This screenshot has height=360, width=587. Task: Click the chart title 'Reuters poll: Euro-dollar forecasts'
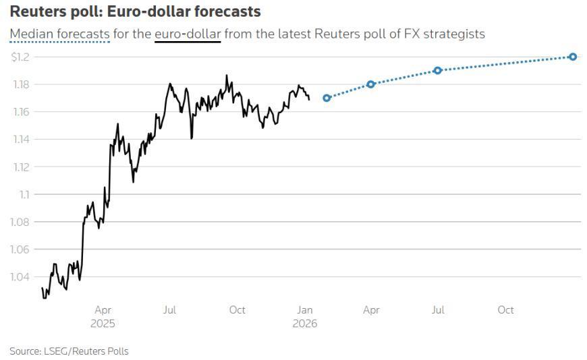(135, 12)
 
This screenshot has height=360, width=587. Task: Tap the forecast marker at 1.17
(327, 98)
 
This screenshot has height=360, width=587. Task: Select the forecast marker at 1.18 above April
(370, 84)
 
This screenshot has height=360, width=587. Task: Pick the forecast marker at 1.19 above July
(437, 70)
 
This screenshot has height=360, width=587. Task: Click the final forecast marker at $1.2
(573, 57)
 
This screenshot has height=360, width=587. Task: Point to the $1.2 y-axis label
(20, 57)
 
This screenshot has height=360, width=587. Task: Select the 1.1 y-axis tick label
(24, 194)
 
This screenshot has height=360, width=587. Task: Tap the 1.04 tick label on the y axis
(20, 276)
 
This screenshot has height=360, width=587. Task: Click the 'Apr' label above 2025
(103, 310)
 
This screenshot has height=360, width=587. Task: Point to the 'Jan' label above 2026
(305, 310)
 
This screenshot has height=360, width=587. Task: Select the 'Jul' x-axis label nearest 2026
(438, 310)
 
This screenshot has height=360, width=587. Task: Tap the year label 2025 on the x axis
(103, 324)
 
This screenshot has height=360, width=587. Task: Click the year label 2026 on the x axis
(305, 324)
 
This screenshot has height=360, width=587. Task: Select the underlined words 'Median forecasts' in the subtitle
(59, 34)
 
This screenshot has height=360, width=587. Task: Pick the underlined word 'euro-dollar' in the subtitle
(187, 34)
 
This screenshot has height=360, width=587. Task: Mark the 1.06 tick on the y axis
(20, 249)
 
